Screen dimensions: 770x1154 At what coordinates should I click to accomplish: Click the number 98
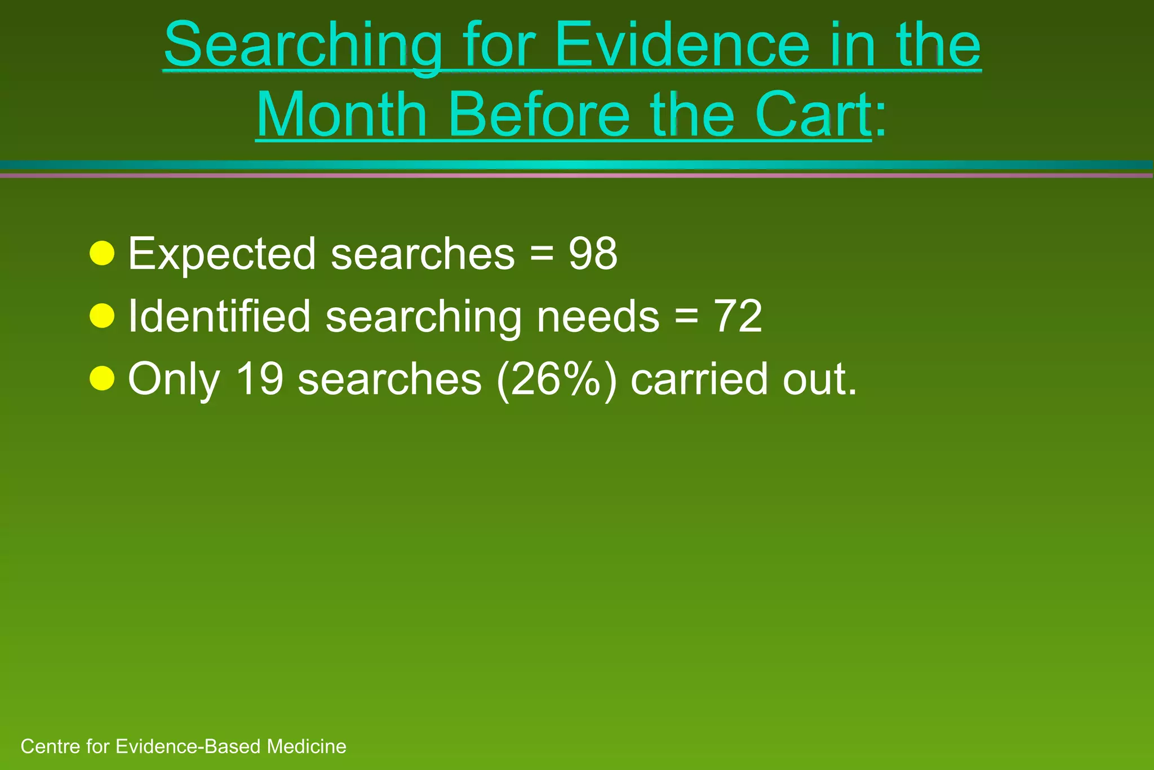tap(593, 254)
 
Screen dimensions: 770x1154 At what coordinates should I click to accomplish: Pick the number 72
tap(738, 316)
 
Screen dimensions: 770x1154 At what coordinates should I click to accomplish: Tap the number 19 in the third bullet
tap(260, 379)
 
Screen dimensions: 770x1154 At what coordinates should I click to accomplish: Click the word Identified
tap(219, 316)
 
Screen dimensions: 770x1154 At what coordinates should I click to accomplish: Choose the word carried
tap(699, 379)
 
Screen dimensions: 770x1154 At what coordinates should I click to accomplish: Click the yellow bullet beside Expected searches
tap(102, 254)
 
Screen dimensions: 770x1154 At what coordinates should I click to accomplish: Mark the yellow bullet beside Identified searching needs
tap(102, 316)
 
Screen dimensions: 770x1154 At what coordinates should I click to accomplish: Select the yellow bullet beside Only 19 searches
tap(102, 378)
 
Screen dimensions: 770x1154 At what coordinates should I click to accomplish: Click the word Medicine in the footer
tap(307, 746)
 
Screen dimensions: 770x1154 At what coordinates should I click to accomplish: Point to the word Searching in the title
tap(303, 46)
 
